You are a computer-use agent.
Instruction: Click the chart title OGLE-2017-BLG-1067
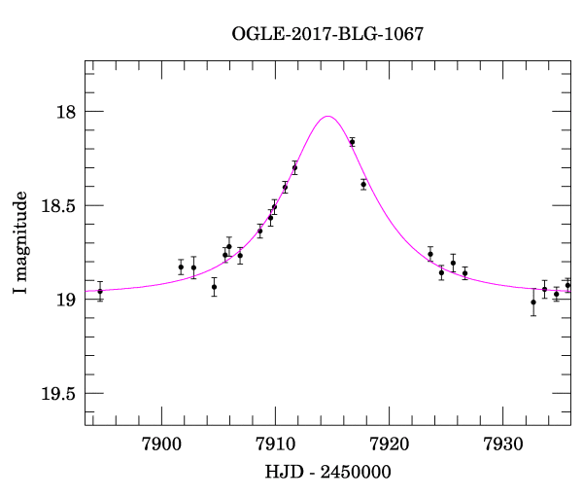pyautogui.click(x=327, y=34)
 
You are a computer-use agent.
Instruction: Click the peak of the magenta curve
pyautogui.click(x=328, y=117)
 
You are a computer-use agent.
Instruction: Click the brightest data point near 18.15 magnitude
pyautogui.click(x=352, y=142)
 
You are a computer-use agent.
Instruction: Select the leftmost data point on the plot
pyautogui.click(x=100, y=291)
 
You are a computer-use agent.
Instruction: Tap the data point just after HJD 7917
pyautogui.click(x=363, y=184)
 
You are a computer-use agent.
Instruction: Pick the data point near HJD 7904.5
pyautogui.click(x=214, y=287)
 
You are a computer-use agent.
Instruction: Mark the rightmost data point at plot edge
pyautogui.click(x=568, y=285)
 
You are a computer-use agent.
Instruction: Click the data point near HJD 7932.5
pyautogui.click(x=533, y=302)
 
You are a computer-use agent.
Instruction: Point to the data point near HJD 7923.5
pyautogui.click(x=430, y=254)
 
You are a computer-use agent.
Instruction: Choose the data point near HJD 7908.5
pyautogui.click(x=259, y=231)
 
